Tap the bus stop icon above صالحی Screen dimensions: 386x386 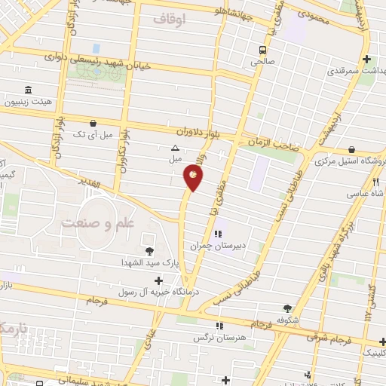tap(262, 51)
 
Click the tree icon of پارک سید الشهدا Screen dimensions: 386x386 tap(148, 250)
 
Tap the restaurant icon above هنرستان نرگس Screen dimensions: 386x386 tap(219, 326)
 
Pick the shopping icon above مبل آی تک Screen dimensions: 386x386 tap(93, 123)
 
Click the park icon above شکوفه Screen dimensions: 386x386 tap(287, 308)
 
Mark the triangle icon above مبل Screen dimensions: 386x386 tap(175, 149)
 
